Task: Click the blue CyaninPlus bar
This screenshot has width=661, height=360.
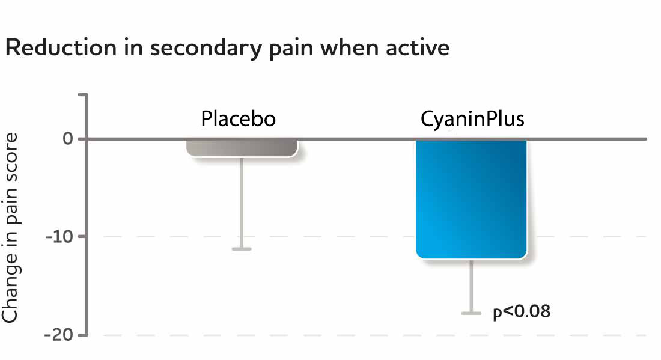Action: click(472, 198)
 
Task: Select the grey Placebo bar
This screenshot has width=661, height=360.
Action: click(242, 148)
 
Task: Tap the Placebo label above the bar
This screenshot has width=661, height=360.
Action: click(239, 119)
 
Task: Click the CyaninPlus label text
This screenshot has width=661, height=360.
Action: click(472, 119)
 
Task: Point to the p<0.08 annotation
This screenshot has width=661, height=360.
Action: click(522, 312)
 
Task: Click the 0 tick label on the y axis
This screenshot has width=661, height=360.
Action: click(67, 139)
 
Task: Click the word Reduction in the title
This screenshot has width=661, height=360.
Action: click(57, 48)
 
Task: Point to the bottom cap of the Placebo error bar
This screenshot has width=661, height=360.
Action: click(242, 248)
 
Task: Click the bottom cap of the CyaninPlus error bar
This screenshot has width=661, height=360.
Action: click(472, 313)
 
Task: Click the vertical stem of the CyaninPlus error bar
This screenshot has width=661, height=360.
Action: click(472, 285)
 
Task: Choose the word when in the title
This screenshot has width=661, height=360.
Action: click(350, 48)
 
